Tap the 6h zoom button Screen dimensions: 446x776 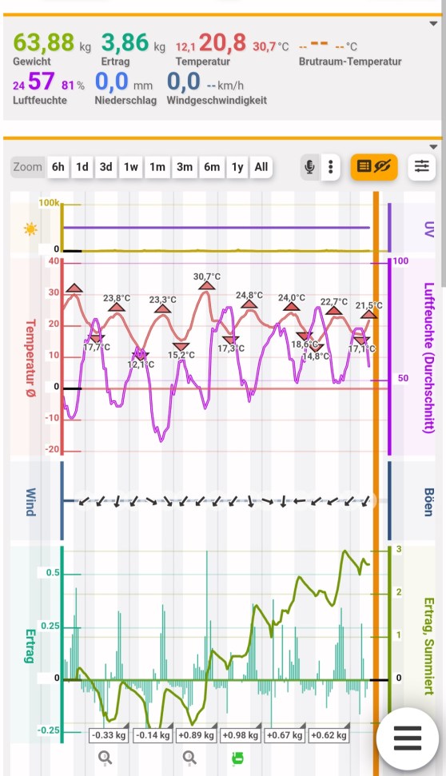(x=58, y=167)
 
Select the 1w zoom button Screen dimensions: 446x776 (x=130, y=167)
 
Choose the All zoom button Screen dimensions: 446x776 (x=261, y=167)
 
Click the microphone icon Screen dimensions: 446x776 (x=310, y=167)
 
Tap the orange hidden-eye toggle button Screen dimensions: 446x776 (x=374, y=166)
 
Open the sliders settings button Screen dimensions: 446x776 (x=422, y=166)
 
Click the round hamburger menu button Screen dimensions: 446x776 (x=408, y=738)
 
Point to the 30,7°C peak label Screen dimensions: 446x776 (x=207, y=277)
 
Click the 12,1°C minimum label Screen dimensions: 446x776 (x=141, y=364)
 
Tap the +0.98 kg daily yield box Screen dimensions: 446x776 (x=241, y=735)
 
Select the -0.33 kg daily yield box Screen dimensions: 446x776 (x=109, y=735)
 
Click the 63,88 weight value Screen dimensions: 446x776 (x=43, y=42)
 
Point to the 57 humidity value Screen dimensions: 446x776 (x=41, y=82)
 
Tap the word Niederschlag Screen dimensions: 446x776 (x=125, y=100)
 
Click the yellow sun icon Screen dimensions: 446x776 (x=30, y=229)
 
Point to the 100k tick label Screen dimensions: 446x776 (x=49, y=203)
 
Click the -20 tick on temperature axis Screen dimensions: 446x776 (x=53, y=449)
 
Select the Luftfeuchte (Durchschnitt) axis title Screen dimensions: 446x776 (x=429, y=357)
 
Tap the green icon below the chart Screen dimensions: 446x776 (x=237, y=758)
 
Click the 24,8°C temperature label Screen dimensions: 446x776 (x=249, y=296)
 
